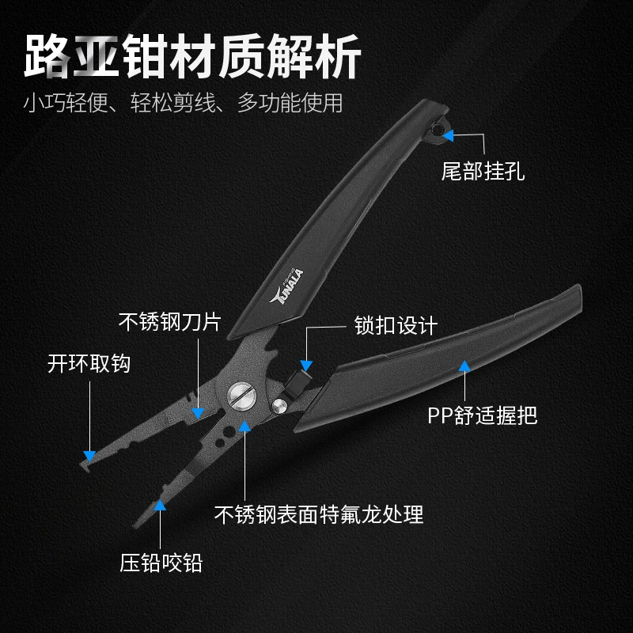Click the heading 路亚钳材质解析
192,56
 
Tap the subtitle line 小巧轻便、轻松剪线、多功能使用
183,103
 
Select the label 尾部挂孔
483,171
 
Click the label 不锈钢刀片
170,322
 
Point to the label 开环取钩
89,364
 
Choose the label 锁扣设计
396,325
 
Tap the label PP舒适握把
483,415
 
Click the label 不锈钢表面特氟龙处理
319,514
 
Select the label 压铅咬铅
161,563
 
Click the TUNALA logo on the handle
287,286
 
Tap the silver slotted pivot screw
242,396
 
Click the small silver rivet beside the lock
279,406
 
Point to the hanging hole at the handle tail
436,130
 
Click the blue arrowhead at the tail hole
448,135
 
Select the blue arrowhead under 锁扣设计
306,366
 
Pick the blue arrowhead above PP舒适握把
464,366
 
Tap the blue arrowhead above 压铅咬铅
161,506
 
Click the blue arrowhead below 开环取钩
89,457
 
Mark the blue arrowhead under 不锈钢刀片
198,413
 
